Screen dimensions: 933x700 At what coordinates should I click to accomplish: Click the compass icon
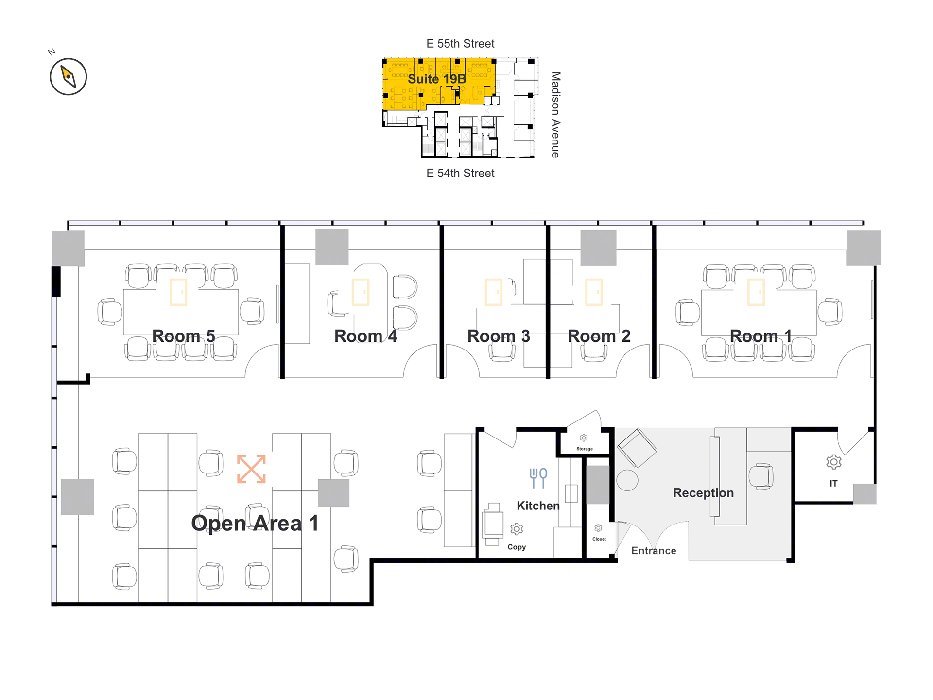click(x=68, y=76)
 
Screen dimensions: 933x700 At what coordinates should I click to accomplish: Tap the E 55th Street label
click(x=460, y=44)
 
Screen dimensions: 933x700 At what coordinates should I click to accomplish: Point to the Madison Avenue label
click(x=555, y=115)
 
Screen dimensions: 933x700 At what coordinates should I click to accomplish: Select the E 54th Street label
click(x=460, y=173)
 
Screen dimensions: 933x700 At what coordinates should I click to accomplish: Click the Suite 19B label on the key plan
click(x=437, y=79)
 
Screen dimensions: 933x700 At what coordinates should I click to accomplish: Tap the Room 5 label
click(x=183, y=336)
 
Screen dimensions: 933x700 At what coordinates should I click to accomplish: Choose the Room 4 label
click(x=365, y=336)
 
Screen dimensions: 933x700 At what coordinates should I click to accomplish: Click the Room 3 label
click(x=499, y=336)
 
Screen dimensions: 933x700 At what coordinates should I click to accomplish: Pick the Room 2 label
click(x=599, y=336)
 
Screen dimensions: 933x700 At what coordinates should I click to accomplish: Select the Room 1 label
click(x=761, y=336)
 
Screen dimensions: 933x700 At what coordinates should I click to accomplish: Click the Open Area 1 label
click(x=255, y=524)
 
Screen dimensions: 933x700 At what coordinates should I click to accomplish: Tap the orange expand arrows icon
click(x=251, y=469)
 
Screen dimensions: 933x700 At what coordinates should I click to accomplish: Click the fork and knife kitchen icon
click(x=538, y=478)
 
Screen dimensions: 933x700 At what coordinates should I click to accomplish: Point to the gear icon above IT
click(x=833, y=462)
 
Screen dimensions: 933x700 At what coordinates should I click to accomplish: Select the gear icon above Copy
click(x=517, y=529)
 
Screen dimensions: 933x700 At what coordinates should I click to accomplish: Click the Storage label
click(x=585, y=449)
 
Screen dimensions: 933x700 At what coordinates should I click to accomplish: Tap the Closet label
click(x=599, y=539)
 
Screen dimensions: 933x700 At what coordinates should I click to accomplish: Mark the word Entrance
click(x=654, y=551)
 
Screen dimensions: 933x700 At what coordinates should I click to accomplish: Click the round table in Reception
click(x=627, y=480)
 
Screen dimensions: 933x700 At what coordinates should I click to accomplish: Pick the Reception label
click(x=703, y=493)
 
